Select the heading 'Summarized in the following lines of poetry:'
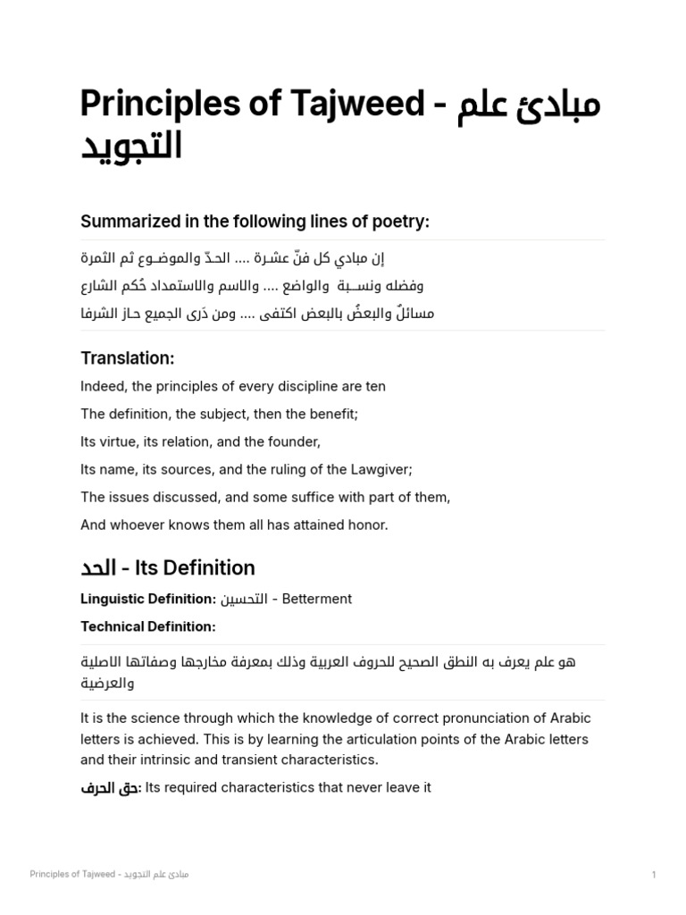255,221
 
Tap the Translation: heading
127,358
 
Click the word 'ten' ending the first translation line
375,387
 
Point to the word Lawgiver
372,469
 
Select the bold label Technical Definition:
148,626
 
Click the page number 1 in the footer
654,874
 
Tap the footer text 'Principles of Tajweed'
72,874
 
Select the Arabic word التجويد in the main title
131,146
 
